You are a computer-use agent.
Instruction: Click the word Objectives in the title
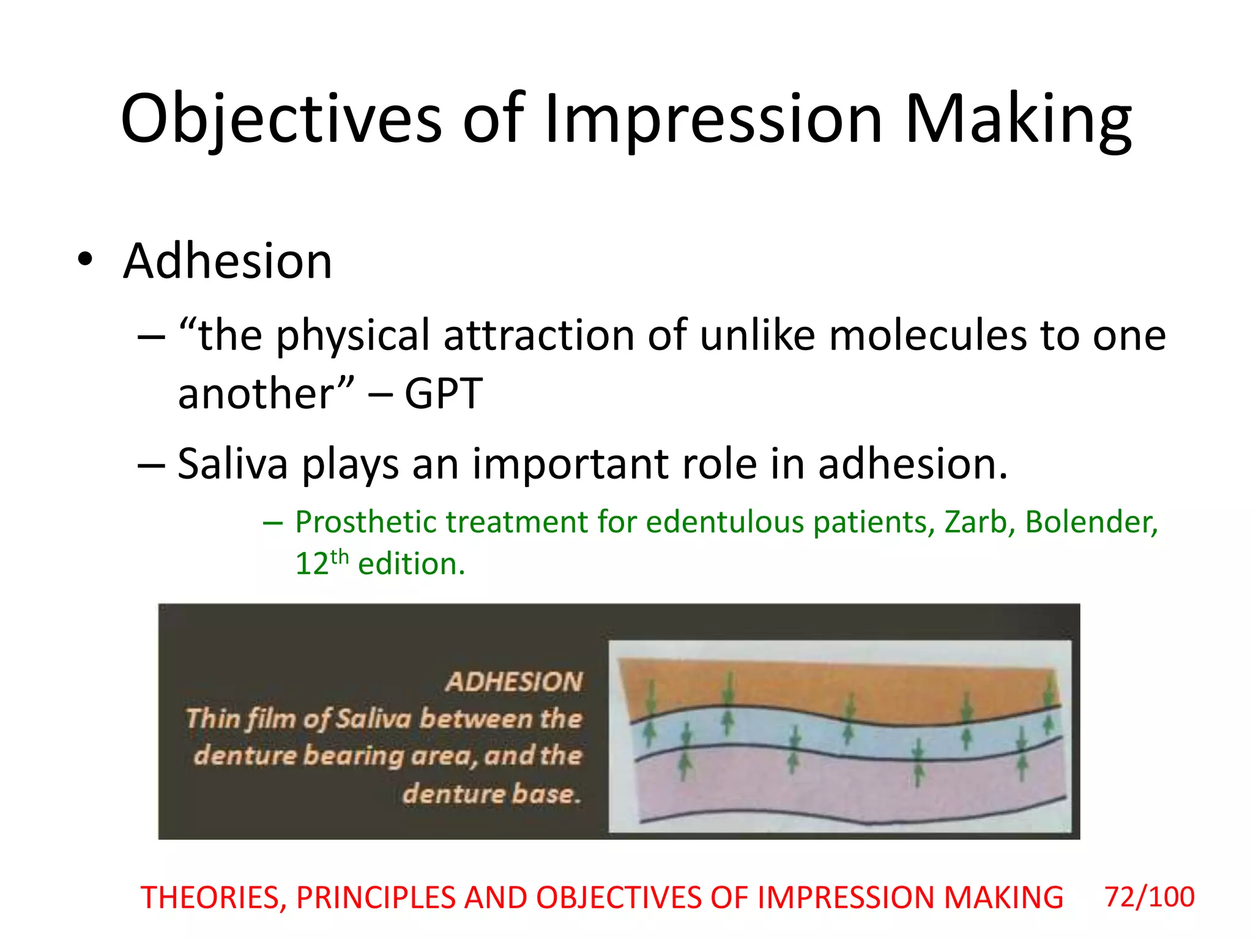pyautogui.click(x=280, y=119)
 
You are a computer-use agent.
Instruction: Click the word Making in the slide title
pyautogui.click(x=1017, y=119)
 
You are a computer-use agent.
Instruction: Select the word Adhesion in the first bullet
pyautogui.click(x=227, y=261)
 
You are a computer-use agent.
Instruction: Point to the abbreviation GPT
pyautogui.click(x=444, y=394)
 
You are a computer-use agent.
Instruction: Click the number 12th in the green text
pyautogui.click(x=321, y=563)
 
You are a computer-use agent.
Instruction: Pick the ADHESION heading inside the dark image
pyautogui.click(x=514, y=682)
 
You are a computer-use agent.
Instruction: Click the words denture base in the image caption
pyautogui.click(x=491, y=794)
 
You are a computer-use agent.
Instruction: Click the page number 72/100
pyautogui.click(x=1149, y=897)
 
